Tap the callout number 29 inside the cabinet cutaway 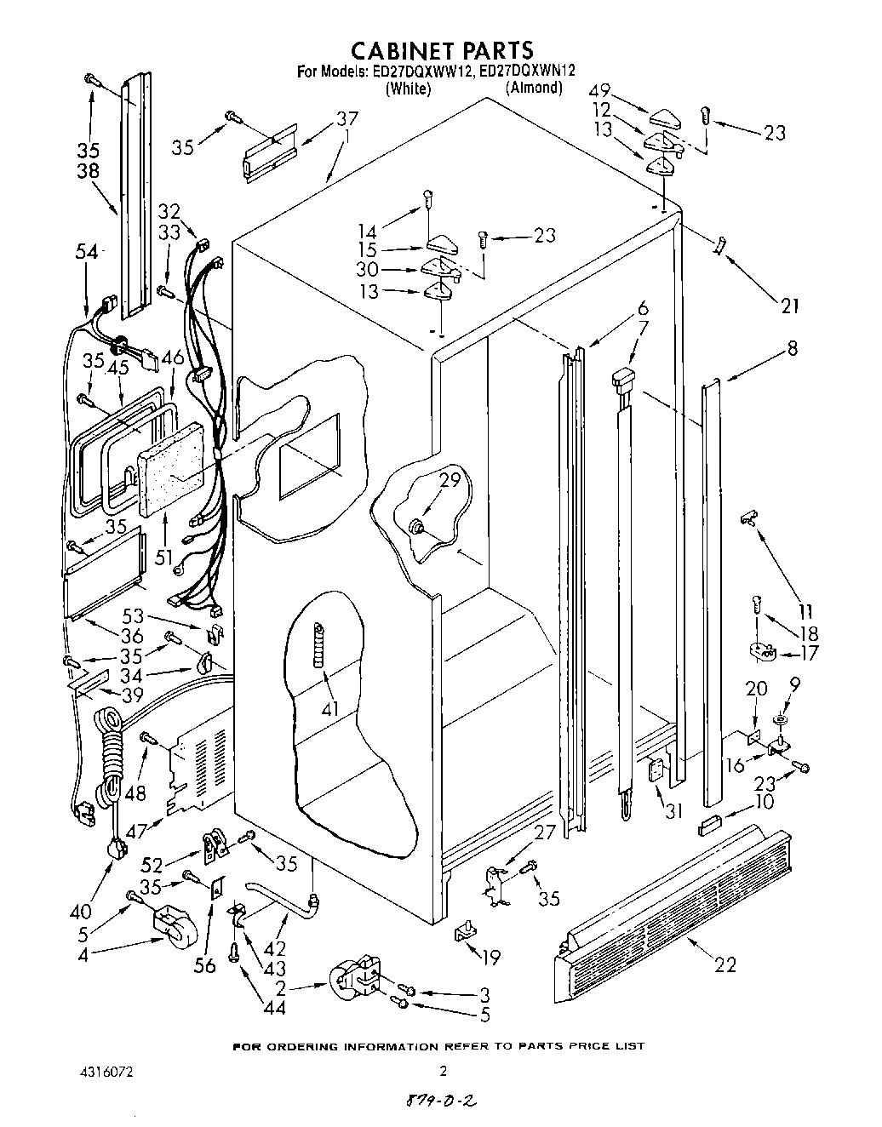tap(450, 480)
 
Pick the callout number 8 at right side tap(793, 348)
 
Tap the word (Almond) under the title tap(534, 88)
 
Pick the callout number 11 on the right tap(805, 611)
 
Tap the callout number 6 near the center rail tap(642, 308)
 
